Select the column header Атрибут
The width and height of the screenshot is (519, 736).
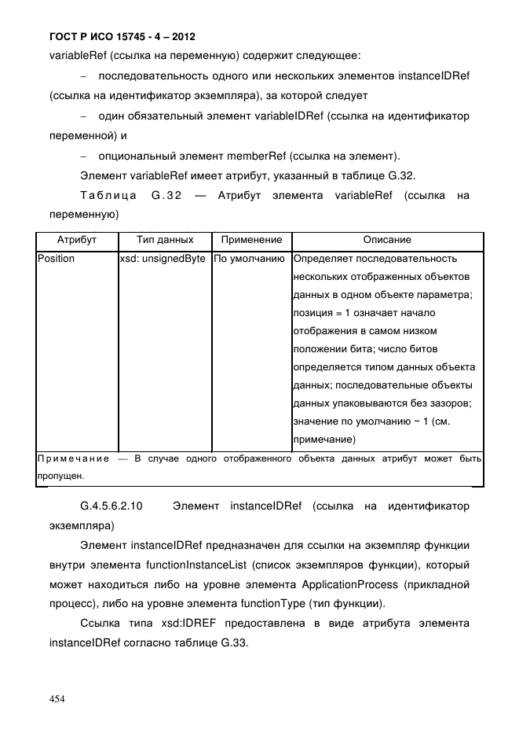(77, 240)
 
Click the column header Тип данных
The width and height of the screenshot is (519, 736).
(164, 240)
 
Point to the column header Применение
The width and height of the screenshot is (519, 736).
(251, 240)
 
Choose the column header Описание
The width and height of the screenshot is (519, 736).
(386, 240)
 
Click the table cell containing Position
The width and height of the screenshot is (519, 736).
(57, 258)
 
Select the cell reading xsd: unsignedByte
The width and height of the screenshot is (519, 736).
(163, 258)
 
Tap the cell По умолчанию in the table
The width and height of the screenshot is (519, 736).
(250, 258)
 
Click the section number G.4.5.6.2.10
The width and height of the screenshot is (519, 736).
(111, 506)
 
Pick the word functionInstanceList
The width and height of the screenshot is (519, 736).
(207, 565)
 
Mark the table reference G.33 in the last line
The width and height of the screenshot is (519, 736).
(233, 642)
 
